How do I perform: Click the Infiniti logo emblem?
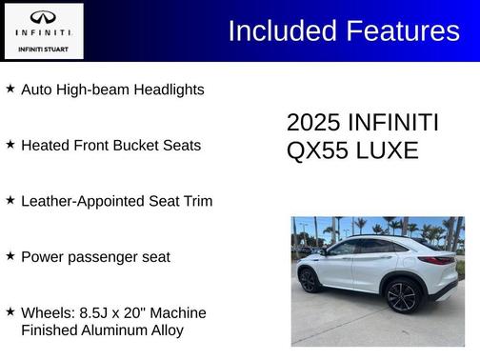pos(43,18)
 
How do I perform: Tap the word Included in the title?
pos(277,30)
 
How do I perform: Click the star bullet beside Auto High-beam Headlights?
pos(10,89)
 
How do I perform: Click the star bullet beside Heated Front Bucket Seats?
pos(10,145)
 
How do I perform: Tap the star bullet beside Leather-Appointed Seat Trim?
pos(10,200)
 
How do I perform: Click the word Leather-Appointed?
pos(80,201)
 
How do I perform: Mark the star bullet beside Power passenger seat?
pos(10,255)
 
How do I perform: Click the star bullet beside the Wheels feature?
pos(10,311)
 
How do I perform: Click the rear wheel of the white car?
pos(402,296)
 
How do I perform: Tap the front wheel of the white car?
pos(310,280)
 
